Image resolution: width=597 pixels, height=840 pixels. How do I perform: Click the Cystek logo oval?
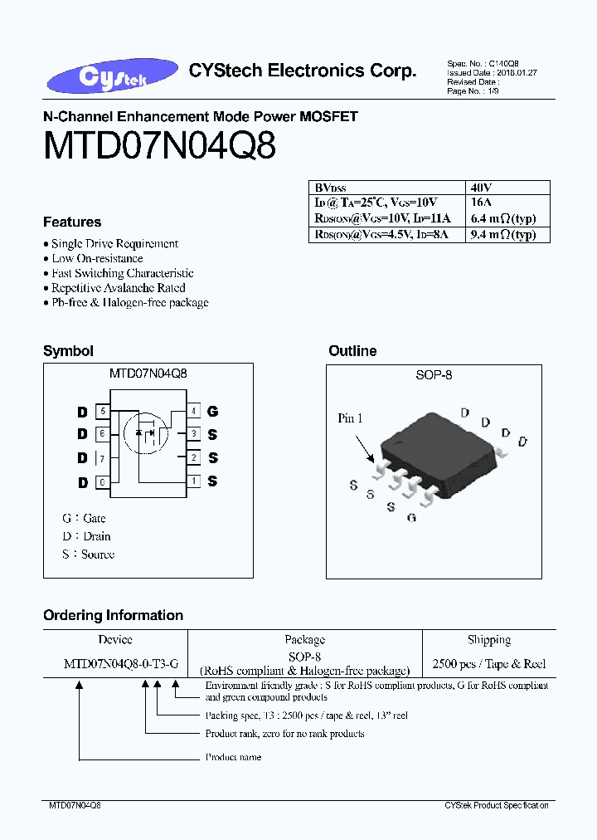(101, 77)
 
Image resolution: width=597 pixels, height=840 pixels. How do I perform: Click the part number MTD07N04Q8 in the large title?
(159, 147)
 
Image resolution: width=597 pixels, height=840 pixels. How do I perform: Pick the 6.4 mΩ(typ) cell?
(507, 218)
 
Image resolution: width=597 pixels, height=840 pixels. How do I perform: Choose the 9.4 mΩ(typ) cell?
(507, 235)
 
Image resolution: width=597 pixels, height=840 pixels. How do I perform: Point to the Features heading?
(72, 222)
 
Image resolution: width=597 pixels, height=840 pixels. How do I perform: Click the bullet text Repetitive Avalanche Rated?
(118, 288)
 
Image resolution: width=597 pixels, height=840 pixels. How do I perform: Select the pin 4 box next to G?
(193, 411)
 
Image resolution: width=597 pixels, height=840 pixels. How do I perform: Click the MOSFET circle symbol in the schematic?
(146, 432)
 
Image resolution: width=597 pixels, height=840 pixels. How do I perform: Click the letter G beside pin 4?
(213, 411)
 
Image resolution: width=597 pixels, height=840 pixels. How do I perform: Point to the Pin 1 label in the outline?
(350, 418)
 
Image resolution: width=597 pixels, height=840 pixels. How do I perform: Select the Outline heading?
(352, 351)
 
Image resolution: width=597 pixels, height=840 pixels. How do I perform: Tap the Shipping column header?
(488, 640)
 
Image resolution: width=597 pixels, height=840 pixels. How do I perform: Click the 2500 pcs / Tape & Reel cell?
(488, 664)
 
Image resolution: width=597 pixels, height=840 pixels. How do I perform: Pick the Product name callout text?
(233, 757)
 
